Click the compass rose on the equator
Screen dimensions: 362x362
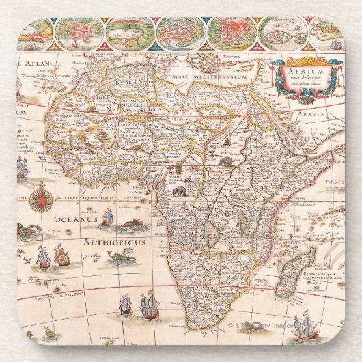(x=41, y=199)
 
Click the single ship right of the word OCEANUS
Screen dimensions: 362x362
(x=107, y=217)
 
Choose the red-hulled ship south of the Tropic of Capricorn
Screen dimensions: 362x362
(x=150, y=305)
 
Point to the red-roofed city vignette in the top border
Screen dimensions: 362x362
(x=232, y=33)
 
